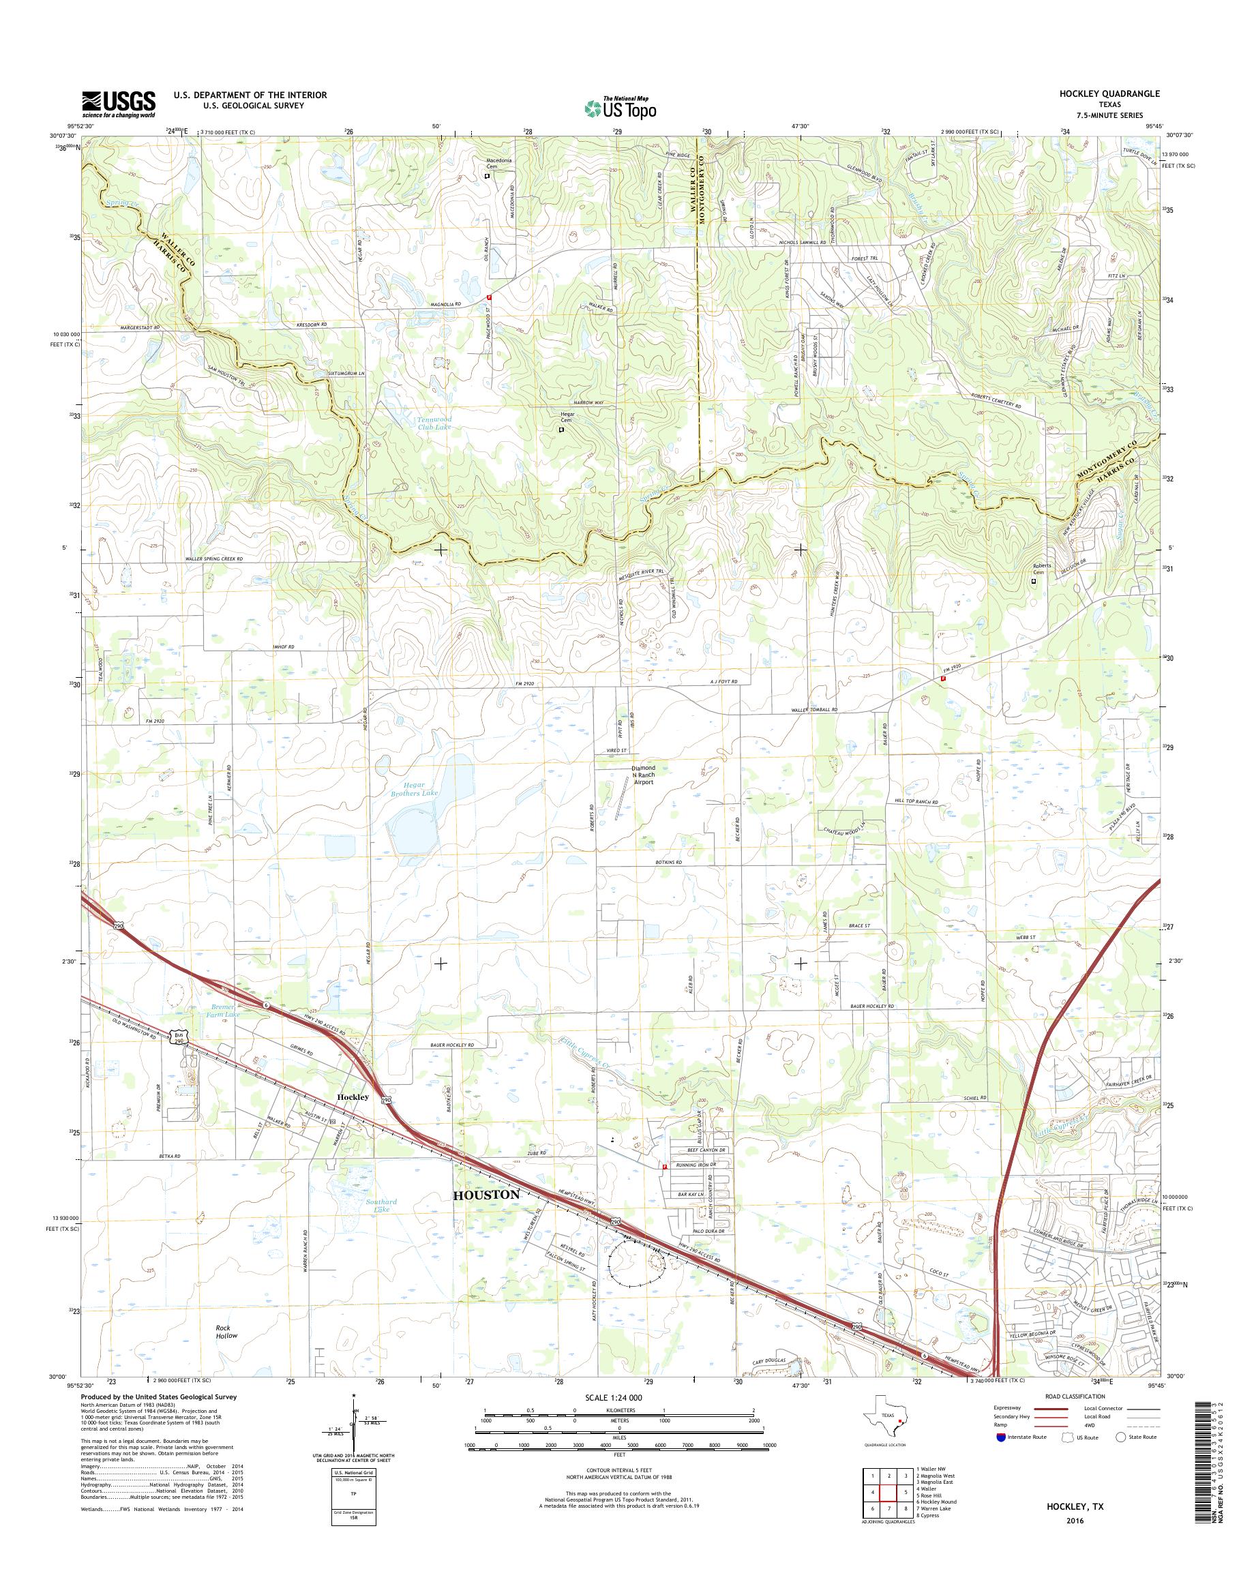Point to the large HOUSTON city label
tap(486, 1195)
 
